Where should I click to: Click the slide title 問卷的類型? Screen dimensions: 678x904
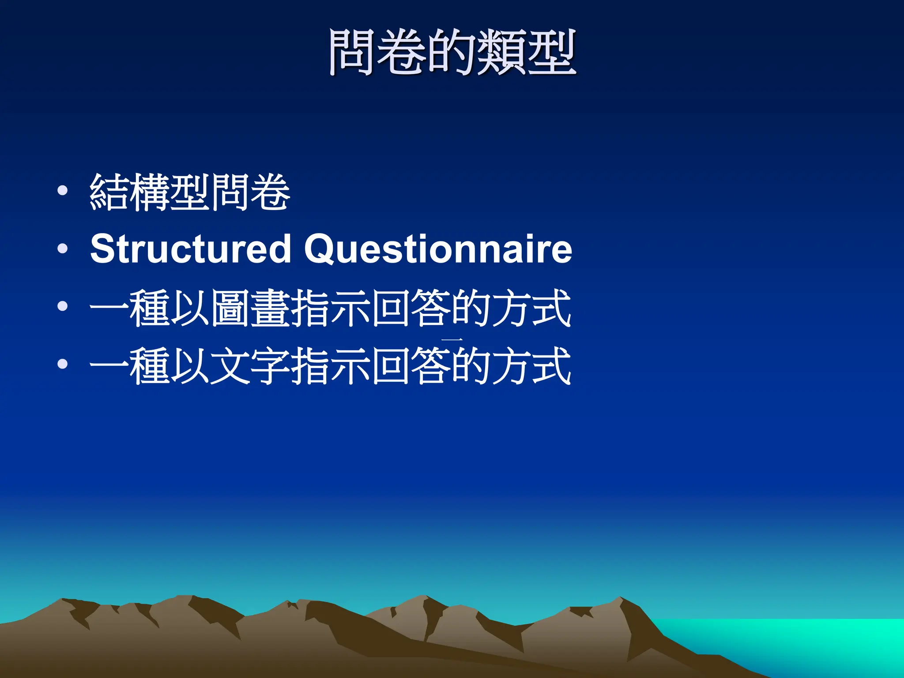coord(452,52)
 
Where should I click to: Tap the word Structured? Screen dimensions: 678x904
coord(190,249)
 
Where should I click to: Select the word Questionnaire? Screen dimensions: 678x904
coord(438,249)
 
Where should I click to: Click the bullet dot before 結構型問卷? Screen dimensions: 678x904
coord(63,191)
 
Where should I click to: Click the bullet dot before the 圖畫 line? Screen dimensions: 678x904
coord(63,306)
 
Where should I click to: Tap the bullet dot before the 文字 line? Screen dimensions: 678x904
coord(63,364)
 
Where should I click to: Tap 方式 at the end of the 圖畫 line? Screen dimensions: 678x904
coord(532,308)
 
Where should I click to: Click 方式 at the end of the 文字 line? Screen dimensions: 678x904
coord(532,365)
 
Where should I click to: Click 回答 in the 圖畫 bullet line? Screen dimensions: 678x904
coord(411,308)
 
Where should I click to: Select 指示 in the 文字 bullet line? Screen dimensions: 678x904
coord(330,365)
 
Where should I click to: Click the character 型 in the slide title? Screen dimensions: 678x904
coord(552,52)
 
